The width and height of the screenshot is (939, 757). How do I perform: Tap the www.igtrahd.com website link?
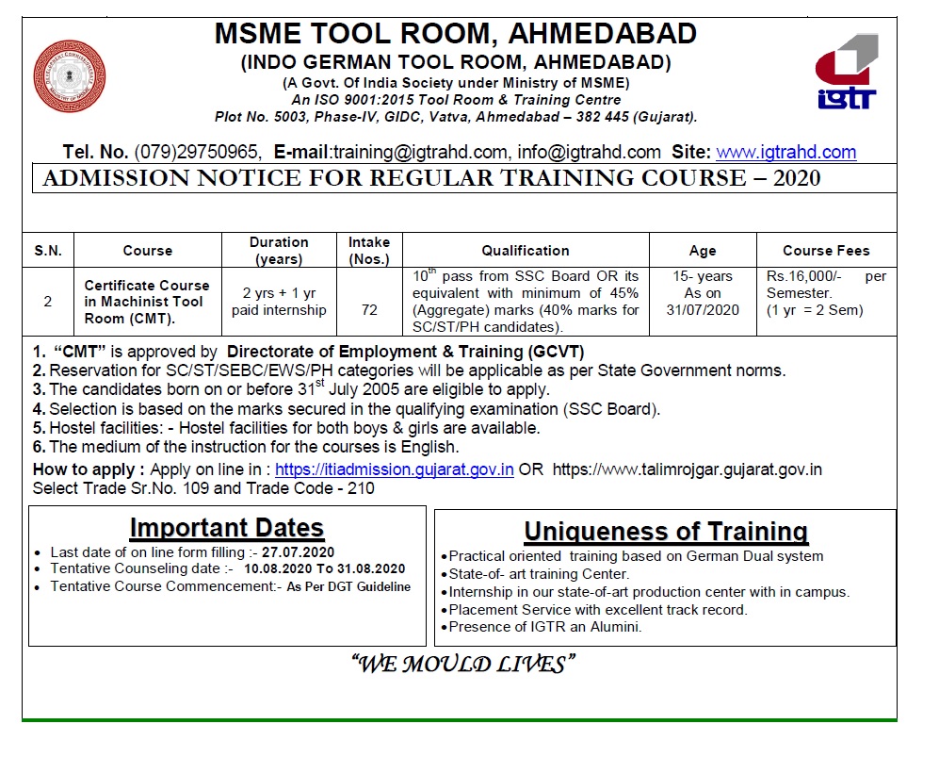tap(785, 152)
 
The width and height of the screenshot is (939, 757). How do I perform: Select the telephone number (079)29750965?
tap(197, 152)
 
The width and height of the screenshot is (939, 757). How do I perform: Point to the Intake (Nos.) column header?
tap(369, 251)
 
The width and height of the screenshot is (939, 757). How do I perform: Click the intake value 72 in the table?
tap(369, 308)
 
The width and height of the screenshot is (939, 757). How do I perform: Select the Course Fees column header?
tap(826, 251)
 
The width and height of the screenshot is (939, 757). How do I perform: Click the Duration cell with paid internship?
tap(279, 302)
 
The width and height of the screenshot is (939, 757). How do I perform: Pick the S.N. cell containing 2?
tap(48, 302)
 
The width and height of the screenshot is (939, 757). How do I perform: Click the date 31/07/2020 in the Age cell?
tap(703, 309)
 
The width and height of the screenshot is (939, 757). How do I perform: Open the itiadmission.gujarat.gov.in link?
tap(394, 470)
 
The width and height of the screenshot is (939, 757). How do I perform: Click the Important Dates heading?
tap(226, 528)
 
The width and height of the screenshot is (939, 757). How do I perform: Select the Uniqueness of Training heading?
tap(666, 532)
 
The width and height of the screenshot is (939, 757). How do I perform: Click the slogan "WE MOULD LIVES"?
tap(461, 665)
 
